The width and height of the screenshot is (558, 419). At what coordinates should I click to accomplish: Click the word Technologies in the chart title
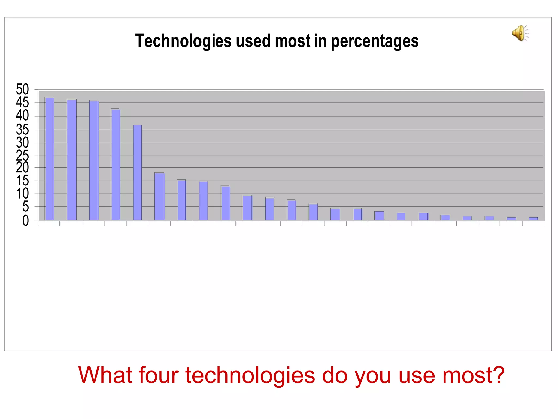[x=183, y=41]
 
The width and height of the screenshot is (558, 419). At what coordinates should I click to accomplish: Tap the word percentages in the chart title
[x=375, y=41]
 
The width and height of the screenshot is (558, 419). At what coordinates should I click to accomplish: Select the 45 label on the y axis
[x=22, y=103]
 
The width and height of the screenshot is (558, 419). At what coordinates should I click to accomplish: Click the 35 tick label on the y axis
[x=22, y=130]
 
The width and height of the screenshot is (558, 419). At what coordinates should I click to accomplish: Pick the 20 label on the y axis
[x=22, y=168]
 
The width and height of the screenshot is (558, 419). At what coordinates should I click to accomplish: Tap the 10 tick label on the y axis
[x=22, y=194]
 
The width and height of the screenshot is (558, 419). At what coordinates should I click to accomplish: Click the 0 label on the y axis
[x=25, y=221]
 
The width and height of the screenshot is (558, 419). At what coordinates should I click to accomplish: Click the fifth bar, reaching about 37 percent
[x=137, y=172]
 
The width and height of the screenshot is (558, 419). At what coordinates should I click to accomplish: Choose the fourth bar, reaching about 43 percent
[x=115, y=164]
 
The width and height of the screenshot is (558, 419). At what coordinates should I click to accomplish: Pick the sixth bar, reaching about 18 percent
[x=159, y=196]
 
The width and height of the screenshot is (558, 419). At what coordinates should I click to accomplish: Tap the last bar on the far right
[x=533, y=219]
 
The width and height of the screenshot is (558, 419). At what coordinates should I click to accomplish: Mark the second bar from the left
[x=72, y=160]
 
